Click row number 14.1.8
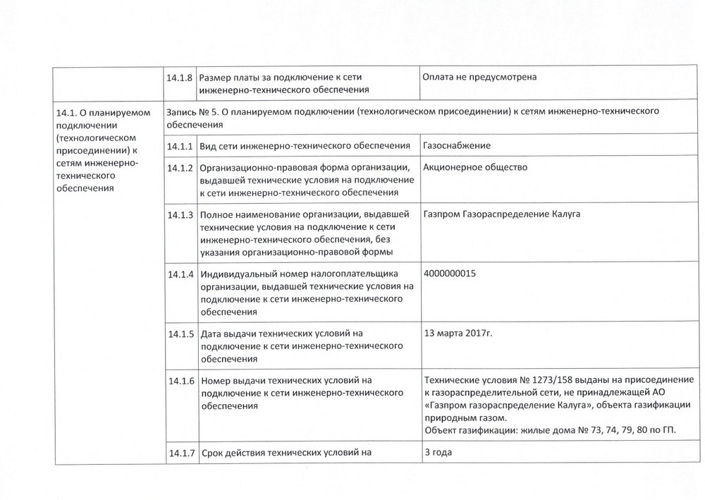click(180, 77)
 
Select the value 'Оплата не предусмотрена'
click(479, 76)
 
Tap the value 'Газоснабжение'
click(456, 145)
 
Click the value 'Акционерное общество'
click(475, 167)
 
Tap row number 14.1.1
click(180, 146)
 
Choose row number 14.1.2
click(180, 169)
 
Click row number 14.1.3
click(180, 214)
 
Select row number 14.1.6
click(180, 382)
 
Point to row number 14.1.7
click(180, 452)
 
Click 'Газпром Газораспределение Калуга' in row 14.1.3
click(501, 214)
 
